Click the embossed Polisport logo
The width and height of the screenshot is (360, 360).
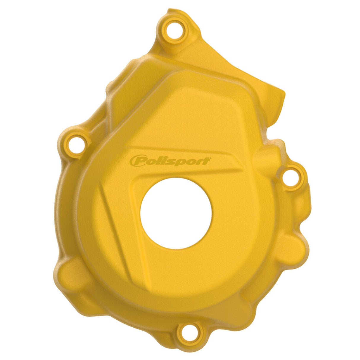point(170,161)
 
